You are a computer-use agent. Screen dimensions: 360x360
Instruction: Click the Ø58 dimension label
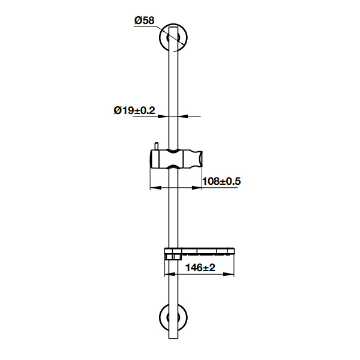coord(145,20)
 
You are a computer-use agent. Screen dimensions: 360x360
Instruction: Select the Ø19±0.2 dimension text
coord(134,110)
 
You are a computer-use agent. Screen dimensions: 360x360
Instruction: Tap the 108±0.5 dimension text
coord(221,181)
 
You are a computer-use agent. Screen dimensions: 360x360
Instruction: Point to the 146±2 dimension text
coord(200,268)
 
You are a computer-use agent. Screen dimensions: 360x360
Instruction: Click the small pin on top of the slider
coord(157,146)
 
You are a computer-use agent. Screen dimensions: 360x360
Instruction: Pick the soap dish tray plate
coord(199,251)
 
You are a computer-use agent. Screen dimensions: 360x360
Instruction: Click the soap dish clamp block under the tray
coord(173,257)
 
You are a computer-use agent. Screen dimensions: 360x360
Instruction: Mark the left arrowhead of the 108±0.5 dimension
coord(155,188)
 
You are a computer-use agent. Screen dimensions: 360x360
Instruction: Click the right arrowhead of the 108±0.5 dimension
coord(197,188)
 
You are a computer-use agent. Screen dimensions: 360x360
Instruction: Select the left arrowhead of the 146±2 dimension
coord(170,274)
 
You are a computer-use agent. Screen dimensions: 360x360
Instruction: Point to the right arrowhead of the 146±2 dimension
coord(229,274)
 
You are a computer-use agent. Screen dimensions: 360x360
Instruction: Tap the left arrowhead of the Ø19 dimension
coord(163,116)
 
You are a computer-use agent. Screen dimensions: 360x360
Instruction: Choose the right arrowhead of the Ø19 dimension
coord(183,116)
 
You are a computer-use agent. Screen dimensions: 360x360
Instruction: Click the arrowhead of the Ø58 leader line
coord(182,43)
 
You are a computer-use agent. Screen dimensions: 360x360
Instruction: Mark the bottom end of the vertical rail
coord(173,338)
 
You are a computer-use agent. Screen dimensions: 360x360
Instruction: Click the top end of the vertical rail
coord(173,27)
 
